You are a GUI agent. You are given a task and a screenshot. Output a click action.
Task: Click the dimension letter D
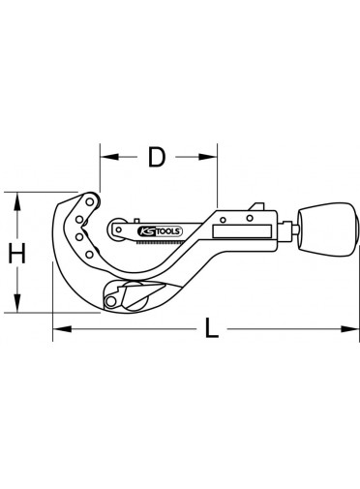click(157, 157)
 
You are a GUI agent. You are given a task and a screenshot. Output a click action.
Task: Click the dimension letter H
click(16, 253)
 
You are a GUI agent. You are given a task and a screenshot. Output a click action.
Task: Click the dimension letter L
click(212, 328)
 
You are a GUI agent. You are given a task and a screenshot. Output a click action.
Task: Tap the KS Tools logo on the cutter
click(160, 231)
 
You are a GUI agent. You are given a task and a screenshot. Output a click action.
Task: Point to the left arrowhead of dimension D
click(109, 157)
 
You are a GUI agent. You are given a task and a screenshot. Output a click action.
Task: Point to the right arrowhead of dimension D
click(208, 157)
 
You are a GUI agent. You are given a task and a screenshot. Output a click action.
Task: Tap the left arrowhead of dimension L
click(62, 329)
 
